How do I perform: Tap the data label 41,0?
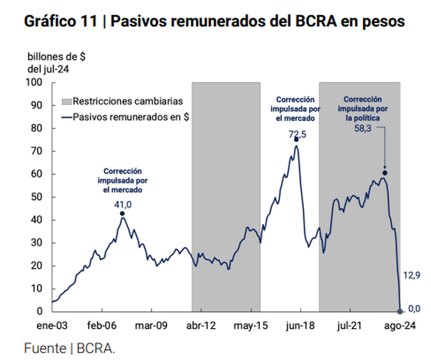(x=122, y=204)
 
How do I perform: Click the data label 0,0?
(x=414, y=308)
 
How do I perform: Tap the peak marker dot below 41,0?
(x=122, y=214)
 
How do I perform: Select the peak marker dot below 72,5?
(x=296, y=140)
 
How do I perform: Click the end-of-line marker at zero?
(x=401, y=311)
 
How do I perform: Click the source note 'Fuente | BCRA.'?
(x=70, y=348)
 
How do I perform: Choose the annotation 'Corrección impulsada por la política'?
(x=363, y=109)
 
